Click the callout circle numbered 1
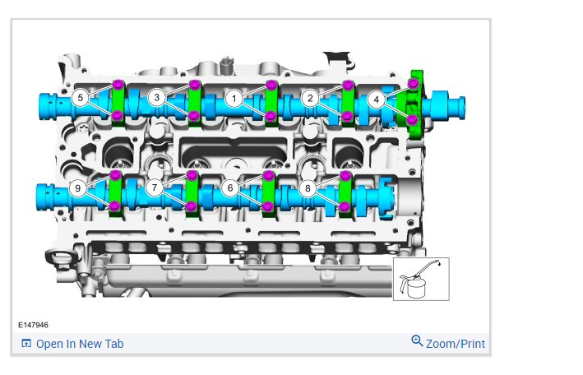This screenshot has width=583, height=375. click(x=234, y=99)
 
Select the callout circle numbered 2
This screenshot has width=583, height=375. click(x=310, y=98)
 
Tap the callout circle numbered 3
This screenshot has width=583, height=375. click(x=157, y=98)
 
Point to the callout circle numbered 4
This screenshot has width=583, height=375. click(x=377, y=100)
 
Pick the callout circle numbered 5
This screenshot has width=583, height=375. click(x=81, y=98)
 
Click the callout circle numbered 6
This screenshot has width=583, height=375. click(x=230, y=187)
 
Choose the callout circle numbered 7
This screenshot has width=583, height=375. click(x=155, y=187)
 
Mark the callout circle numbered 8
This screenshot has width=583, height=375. click(x=308, y=188)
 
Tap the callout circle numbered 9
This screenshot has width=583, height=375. click(x=78, y=188)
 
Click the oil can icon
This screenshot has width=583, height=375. click(x=421, y=279)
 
